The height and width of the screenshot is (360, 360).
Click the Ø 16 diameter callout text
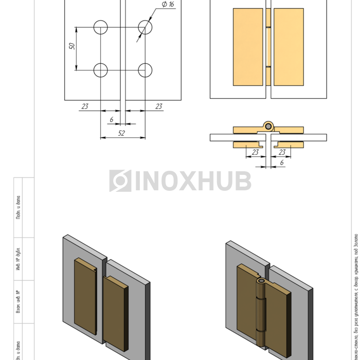[x=168, y=5]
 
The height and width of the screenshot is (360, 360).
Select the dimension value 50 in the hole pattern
[x=73, y=46]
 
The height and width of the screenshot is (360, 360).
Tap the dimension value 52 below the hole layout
[x=121, y=133]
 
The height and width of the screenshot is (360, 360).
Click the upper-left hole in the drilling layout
[x=100, y=27]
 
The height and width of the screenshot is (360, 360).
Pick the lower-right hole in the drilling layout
[x=146, y=70]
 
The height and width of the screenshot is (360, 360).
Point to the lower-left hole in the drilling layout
[x=100, y=70]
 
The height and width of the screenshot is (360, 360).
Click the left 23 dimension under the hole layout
[x=85, y=106]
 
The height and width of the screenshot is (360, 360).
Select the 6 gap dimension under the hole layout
[x=112, y=119]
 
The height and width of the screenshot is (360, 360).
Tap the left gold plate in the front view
[x=248, y=47]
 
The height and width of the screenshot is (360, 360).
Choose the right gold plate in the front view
[x=289, y=47]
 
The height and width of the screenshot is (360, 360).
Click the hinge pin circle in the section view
[x=267, y=126]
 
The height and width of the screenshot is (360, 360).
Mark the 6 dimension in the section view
[x=281, y=162]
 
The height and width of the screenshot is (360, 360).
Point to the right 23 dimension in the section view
[x=282, y=152]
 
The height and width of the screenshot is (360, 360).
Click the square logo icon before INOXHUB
[x=120, y=181]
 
